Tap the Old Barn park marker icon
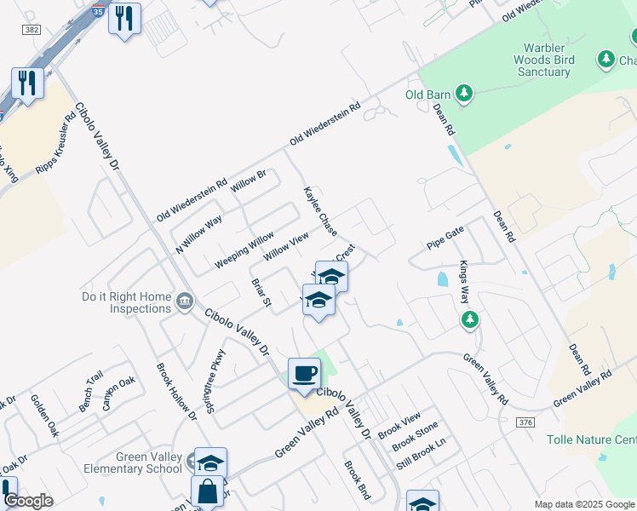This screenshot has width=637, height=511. pyautogui.click(x=464, y=93)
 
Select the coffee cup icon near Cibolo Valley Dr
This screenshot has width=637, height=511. pyautogui.click(x=304, y=373)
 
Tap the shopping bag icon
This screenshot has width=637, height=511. pyautogui.click(x=207, y=491)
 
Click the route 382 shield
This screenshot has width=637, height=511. pyautogui.click(x=32, y=29)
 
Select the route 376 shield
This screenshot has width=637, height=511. pyautogui.click(x=525, y=422)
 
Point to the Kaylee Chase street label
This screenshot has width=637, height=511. pyautogui.click(x=321, y=212)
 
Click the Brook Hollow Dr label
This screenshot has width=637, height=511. pyautogui.click(x=175, y=391)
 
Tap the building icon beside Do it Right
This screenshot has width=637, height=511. pyautogui.click(x=184, y=301)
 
